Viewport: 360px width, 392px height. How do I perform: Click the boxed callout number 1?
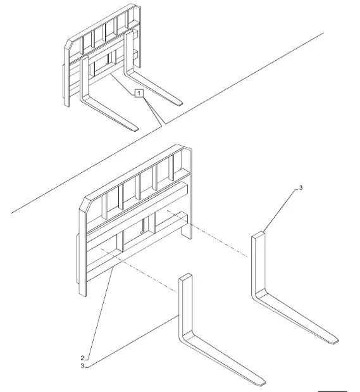click(139, 94)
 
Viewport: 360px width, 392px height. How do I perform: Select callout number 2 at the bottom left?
click(82, 358)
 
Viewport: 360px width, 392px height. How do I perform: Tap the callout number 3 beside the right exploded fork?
click(301, 187)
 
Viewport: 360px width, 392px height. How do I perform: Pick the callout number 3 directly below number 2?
click(82, 366)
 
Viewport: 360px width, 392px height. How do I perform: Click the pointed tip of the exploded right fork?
click(337, 341)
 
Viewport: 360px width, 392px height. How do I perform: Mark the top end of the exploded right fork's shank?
click(258, 234)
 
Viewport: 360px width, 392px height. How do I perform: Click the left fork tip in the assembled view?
click(135, 129)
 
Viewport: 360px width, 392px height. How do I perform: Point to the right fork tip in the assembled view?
click(180, 103)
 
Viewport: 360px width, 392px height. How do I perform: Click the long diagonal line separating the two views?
click(168, 123)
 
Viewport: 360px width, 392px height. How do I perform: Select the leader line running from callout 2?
click(100, 312)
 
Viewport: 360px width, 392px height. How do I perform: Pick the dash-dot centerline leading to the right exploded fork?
click(207, 233)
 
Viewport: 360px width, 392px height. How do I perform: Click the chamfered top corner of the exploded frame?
click(83, 204)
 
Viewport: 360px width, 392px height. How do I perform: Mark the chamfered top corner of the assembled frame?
click(68, 44)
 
